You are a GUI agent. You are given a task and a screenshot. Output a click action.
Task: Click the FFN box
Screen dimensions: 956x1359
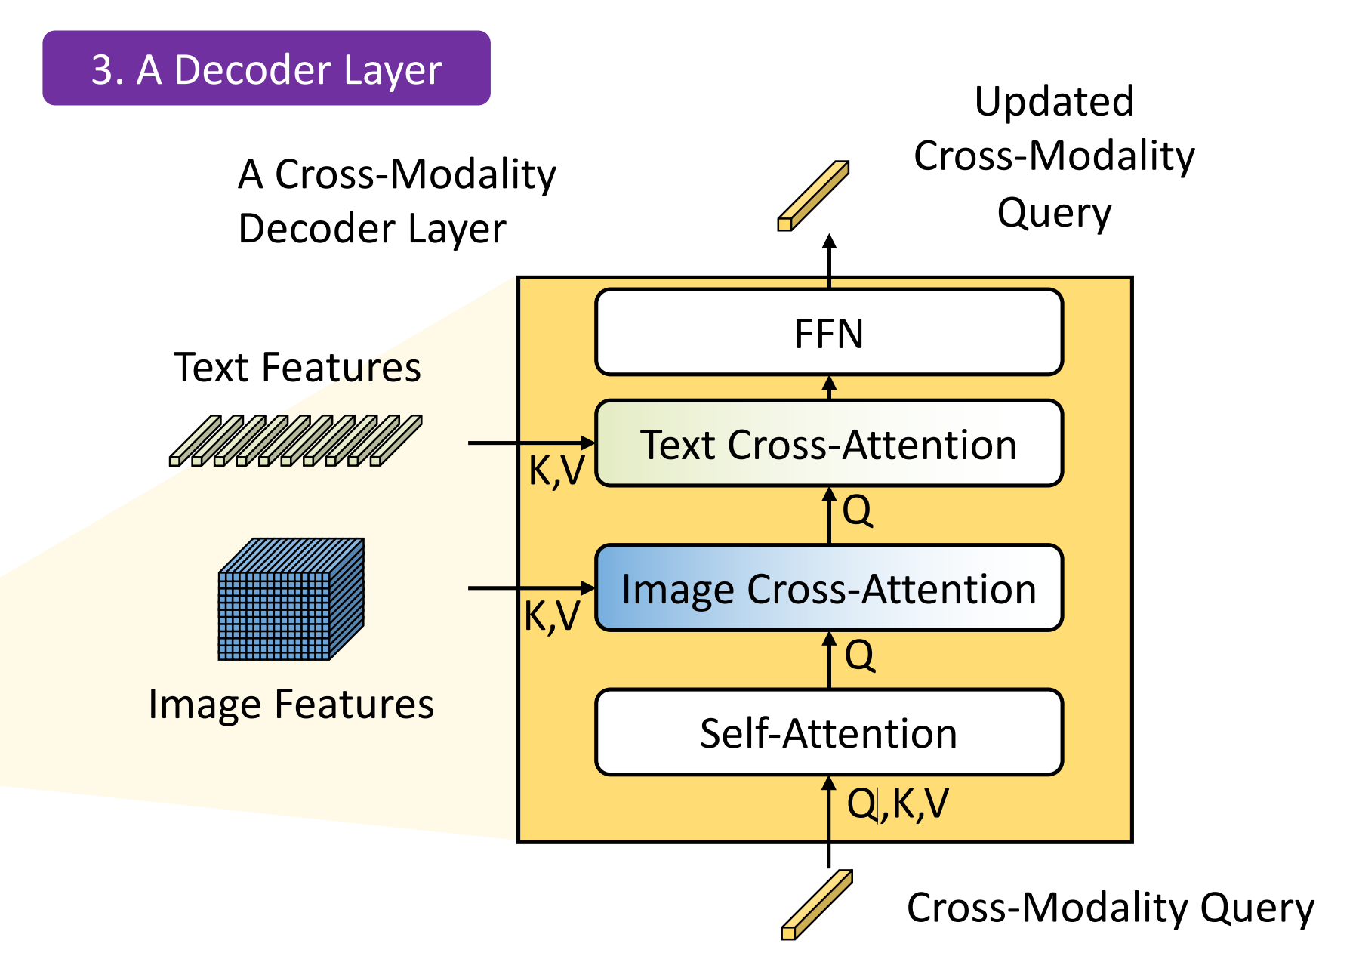[829, 332]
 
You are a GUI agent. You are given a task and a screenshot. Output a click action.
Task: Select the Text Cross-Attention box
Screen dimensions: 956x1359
[829, 443]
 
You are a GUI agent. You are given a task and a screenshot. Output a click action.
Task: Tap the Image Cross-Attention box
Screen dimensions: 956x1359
[829, 588]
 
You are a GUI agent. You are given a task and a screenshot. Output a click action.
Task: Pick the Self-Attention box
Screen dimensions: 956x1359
[829, 732]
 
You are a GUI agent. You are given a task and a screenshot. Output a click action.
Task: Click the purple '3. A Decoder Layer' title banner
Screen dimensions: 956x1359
[267, 69]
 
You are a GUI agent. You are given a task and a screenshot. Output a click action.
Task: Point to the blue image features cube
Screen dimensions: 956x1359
[291, 600]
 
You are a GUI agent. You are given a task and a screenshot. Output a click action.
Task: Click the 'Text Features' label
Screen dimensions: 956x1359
[297, 368]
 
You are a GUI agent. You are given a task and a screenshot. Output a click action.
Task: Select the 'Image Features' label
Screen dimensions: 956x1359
[291, 704]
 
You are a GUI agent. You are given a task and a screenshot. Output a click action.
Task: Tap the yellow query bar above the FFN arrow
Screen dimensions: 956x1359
[813, 196]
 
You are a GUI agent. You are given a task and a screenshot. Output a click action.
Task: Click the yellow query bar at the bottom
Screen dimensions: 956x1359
[816, 905]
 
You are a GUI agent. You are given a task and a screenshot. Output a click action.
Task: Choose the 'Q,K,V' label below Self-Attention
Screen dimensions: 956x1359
[898, 803]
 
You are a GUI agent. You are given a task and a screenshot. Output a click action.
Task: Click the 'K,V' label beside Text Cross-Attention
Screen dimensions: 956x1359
[556, 470]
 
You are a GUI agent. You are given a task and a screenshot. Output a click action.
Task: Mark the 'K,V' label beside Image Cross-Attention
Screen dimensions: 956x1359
[552, 616]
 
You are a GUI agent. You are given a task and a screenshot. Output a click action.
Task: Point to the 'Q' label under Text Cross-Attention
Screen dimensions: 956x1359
[858, 510]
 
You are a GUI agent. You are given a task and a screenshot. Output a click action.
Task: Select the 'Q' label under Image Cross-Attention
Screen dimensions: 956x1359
[860, 655]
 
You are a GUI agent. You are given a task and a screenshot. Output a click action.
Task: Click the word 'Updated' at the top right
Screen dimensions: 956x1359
[1054, 101]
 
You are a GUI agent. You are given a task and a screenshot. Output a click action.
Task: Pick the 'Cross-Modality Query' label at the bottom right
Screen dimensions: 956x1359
[1110, 908]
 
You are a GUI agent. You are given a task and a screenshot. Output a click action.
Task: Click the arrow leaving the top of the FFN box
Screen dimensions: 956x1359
[829, 261]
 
